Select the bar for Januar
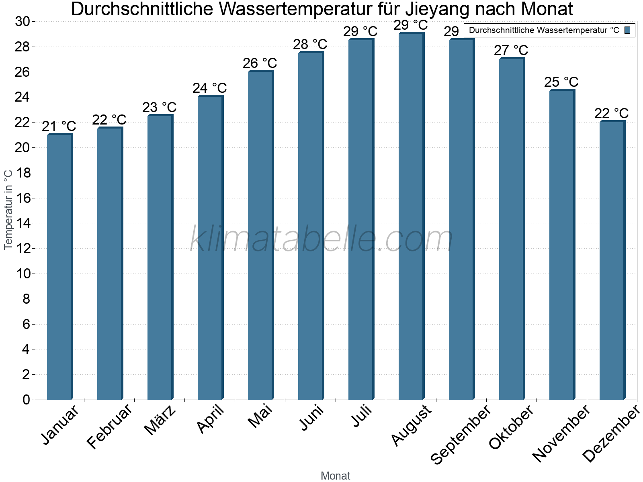(x=59, y=267)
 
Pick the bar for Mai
(x=260, y=235)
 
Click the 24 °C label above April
(x=209, y=88)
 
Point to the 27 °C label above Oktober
(x=511, y=50)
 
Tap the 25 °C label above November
(x=561, y=82)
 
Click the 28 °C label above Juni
(x=310, y=44)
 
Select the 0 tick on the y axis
(x=27, y=400)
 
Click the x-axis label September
(x=461, y=434)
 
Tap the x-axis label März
(x=160, y=420)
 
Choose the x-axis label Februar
(x=109, y=426)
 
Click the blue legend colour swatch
(x=627, y=30)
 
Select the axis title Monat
(x=335, y=476)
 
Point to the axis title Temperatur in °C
(x=8, y=209)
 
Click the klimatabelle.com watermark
(x=321, y=239)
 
